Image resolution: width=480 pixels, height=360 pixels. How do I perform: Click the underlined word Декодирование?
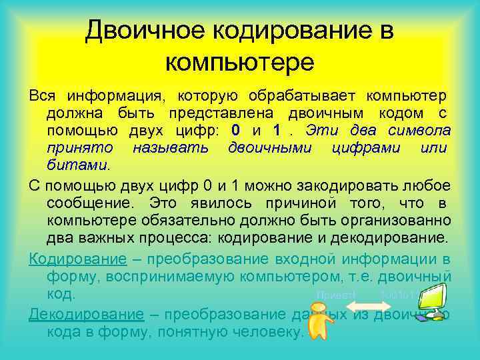click(x=86, y=314)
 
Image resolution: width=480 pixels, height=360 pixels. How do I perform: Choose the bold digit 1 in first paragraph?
click(x=285, y=129)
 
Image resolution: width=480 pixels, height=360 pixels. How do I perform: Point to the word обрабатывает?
click(x=303, y=95)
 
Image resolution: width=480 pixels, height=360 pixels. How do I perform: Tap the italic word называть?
click(x=170, y=147)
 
